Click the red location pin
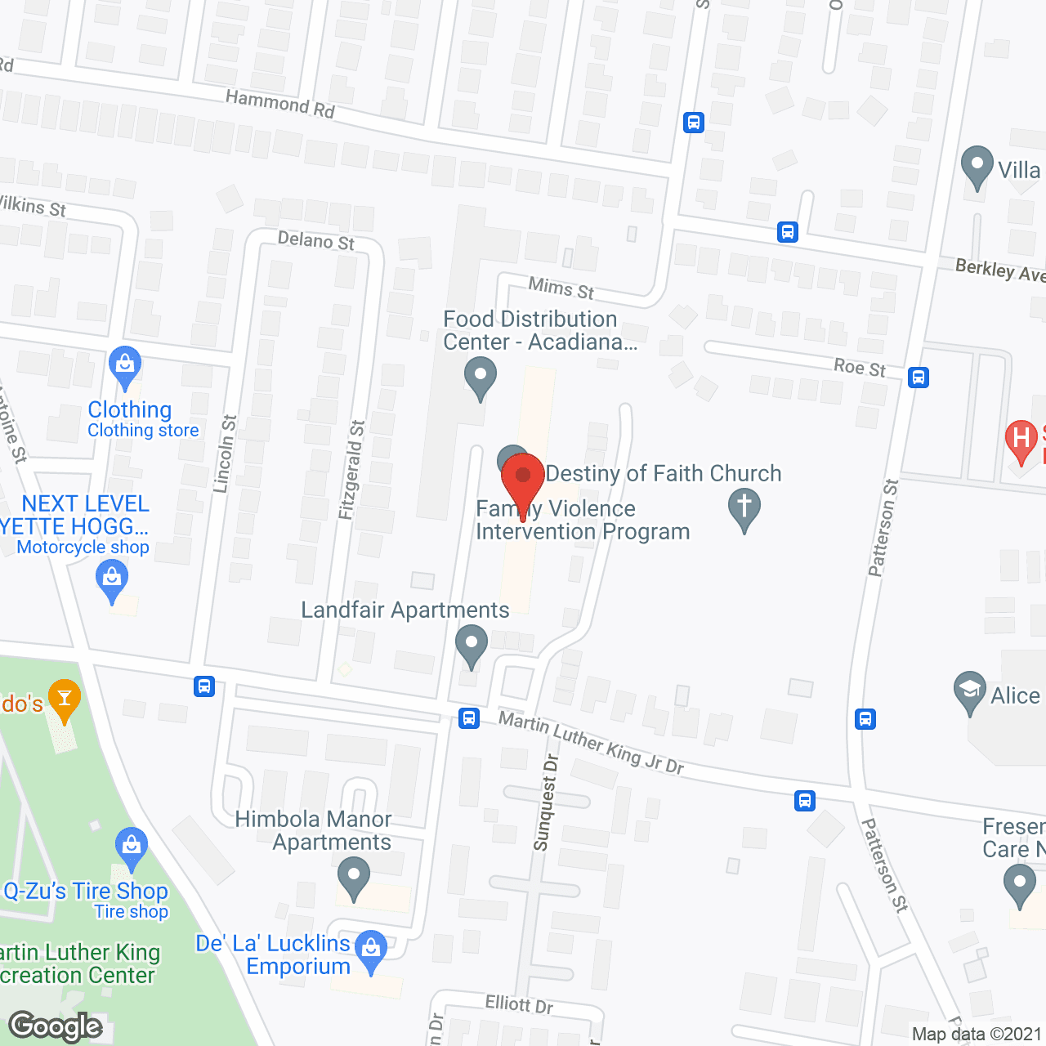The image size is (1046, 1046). coord(523,478)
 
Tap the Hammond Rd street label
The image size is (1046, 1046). coord(279,104)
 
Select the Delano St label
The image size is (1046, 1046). coord(316,240)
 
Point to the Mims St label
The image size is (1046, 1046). coord(561,288)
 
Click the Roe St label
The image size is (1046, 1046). coord(860,367)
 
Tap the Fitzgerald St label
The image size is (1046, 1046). coord(352,470)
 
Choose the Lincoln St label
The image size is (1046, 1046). coord(225,454)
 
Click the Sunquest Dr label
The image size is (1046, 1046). coord(545,802)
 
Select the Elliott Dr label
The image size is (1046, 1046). coord(519,1004)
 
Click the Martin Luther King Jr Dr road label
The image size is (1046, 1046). coord(591,742)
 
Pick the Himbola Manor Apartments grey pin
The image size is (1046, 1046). coord(354,876)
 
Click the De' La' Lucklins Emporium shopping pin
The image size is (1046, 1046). coord(371,950)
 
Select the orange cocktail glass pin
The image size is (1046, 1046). coord(65,700)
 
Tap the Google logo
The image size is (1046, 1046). coord(56,1026)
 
